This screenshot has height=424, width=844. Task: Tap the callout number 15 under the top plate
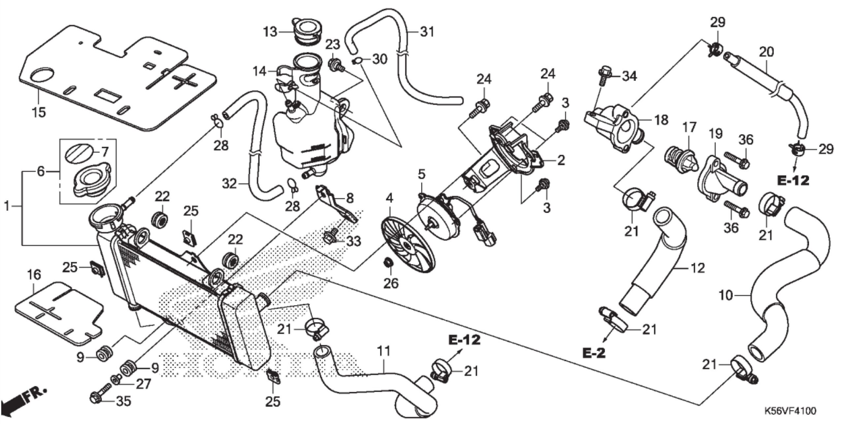pos(39,112)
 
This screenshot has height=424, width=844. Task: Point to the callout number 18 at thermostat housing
pos(660,120)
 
